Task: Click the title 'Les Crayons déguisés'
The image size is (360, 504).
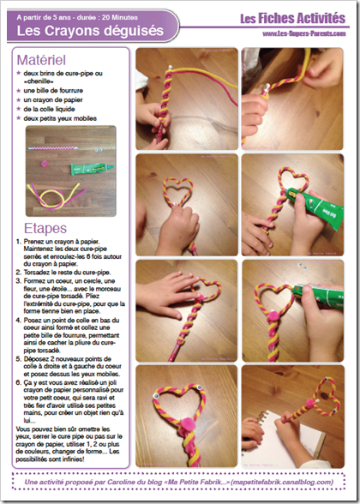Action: [x=77, y=29]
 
